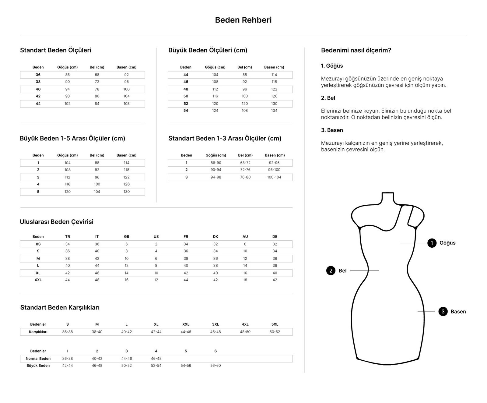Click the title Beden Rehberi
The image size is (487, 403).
click(x=243, y=20)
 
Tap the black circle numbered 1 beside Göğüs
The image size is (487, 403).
click(x=432, y=243)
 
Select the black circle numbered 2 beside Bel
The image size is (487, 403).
click(x=331, y=270)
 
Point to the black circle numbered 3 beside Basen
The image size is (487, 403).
click(x=443, y=311)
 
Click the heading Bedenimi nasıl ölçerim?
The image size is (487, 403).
click(x=356, y=50)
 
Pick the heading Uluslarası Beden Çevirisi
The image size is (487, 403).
click(x=57, y=222)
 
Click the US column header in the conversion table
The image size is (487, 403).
click(x=156, y=237)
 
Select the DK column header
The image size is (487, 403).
click(x=215, y=237)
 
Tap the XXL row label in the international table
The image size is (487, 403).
click(x=38, y=280)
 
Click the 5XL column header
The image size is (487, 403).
click(x=275, y=324)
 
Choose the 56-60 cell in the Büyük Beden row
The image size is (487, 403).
click(x=215, y=366)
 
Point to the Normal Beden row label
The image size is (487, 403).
click(x=38, y=359)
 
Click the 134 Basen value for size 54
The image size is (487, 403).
click(x=274, y=111)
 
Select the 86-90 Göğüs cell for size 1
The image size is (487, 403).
click(x=216, y=163)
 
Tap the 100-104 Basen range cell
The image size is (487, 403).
click(x=274, y=177)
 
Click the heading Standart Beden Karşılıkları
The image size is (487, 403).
click(x=60, y=307)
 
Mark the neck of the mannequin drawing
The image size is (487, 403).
click(x=387, y=199)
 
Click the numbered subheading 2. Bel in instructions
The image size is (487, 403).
click(x=328, y=98)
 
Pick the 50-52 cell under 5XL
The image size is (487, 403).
click(x=275, y=332)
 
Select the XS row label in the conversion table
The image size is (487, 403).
click(x=38, y=244)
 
